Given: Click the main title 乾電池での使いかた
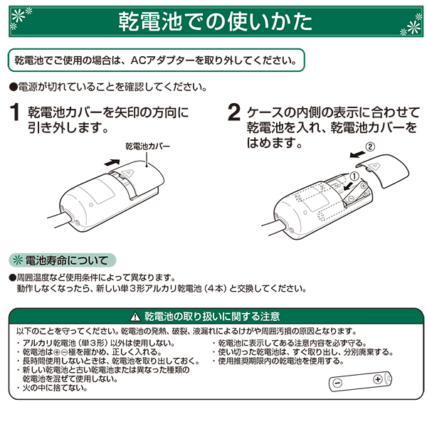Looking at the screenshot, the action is point(216,21).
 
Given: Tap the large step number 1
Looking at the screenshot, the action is point(15,112).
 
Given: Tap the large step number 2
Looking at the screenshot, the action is point(233,112).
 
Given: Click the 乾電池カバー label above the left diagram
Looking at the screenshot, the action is point(148,147).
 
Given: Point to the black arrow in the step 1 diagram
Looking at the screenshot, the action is point(112,162).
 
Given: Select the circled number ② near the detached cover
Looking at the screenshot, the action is point(370,147).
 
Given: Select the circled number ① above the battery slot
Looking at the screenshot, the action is point(354,176).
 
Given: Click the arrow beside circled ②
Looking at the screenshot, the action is point(357,154).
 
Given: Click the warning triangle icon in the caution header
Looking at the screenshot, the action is point(135,317).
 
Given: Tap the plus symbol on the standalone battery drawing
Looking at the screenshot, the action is point(378,379).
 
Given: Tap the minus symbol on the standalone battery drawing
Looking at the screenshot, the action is point(337,383).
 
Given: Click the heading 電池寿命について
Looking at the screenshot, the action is point(66,260).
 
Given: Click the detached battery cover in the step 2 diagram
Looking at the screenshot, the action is point(383,170).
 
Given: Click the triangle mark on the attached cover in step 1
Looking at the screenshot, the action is point(128,173).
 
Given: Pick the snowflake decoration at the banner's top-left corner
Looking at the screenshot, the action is point(21,18).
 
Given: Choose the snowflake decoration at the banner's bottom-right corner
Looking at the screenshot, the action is point(411,26).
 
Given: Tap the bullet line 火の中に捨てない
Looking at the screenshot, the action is point(55,388).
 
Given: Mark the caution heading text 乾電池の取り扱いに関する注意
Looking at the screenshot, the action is point(212,317).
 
